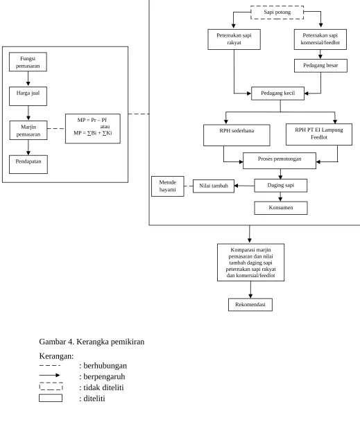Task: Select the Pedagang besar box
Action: pos(320,66)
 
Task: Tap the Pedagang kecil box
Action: pos(277,94)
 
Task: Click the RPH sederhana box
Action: pos(237,135)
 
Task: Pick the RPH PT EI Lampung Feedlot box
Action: pos(319,134)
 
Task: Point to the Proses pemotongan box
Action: pos(280,161)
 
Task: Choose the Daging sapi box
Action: pos(281,186)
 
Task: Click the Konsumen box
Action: pos(281,208)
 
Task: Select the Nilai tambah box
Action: pos(214,186)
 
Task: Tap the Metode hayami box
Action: pos(168,186)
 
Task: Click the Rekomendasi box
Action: pos(250,305)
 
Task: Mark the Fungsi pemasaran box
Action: pos(28,62)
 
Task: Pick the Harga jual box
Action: pos(28,96)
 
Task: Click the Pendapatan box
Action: pos(28,164)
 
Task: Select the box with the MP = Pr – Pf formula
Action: pos(93,129)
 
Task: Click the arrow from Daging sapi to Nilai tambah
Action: pos(244,186)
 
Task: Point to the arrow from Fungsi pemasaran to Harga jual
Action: pos(28,79)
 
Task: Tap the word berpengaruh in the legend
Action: pos(104,376)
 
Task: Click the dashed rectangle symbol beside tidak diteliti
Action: pos(51,386)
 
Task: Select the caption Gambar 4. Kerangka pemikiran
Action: pos(92,342)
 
